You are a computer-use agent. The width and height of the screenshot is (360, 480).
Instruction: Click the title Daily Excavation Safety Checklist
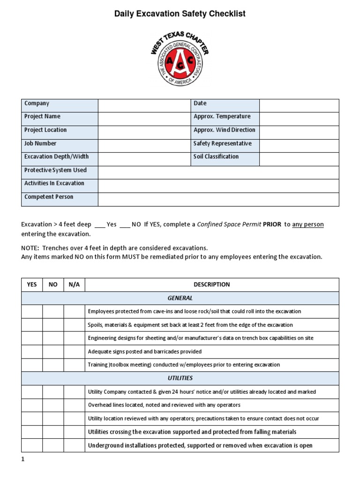pos(180,14)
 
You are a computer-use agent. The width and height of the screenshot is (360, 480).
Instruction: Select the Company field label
pos(37,104)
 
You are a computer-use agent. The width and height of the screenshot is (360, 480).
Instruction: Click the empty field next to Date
pos(299,105)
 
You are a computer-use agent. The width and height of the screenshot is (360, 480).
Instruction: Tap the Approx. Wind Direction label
pos(224,130)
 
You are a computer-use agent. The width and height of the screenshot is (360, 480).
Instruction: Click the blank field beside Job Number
pos(144,146)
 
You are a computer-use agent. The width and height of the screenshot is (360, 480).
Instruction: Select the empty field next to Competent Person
pos(218,199)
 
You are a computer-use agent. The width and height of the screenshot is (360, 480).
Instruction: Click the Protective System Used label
pos(55,171)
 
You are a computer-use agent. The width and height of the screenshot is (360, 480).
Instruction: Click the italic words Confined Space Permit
pos(229,225)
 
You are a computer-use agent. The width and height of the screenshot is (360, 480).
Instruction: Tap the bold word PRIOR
pos(272,225)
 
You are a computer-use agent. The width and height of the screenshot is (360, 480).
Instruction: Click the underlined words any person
pos(307,225)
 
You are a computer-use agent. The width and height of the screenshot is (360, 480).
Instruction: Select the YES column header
pos(32,285)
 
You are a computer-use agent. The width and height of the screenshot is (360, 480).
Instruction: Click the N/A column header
pos(74,285)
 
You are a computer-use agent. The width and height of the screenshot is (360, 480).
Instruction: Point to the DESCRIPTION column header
pos(211,285)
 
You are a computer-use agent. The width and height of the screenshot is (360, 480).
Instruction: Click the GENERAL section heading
pos(180,298)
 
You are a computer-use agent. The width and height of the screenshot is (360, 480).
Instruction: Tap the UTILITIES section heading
pos(180,378)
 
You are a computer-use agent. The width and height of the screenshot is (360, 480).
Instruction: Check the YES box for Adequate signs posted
pos(32,352)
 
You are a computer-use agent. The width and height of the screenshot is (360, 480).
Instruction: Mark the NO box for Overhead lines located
pos(53,405)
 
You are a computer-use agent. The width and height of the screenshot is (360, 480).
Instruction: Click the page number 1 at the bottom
pos(22,460)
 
